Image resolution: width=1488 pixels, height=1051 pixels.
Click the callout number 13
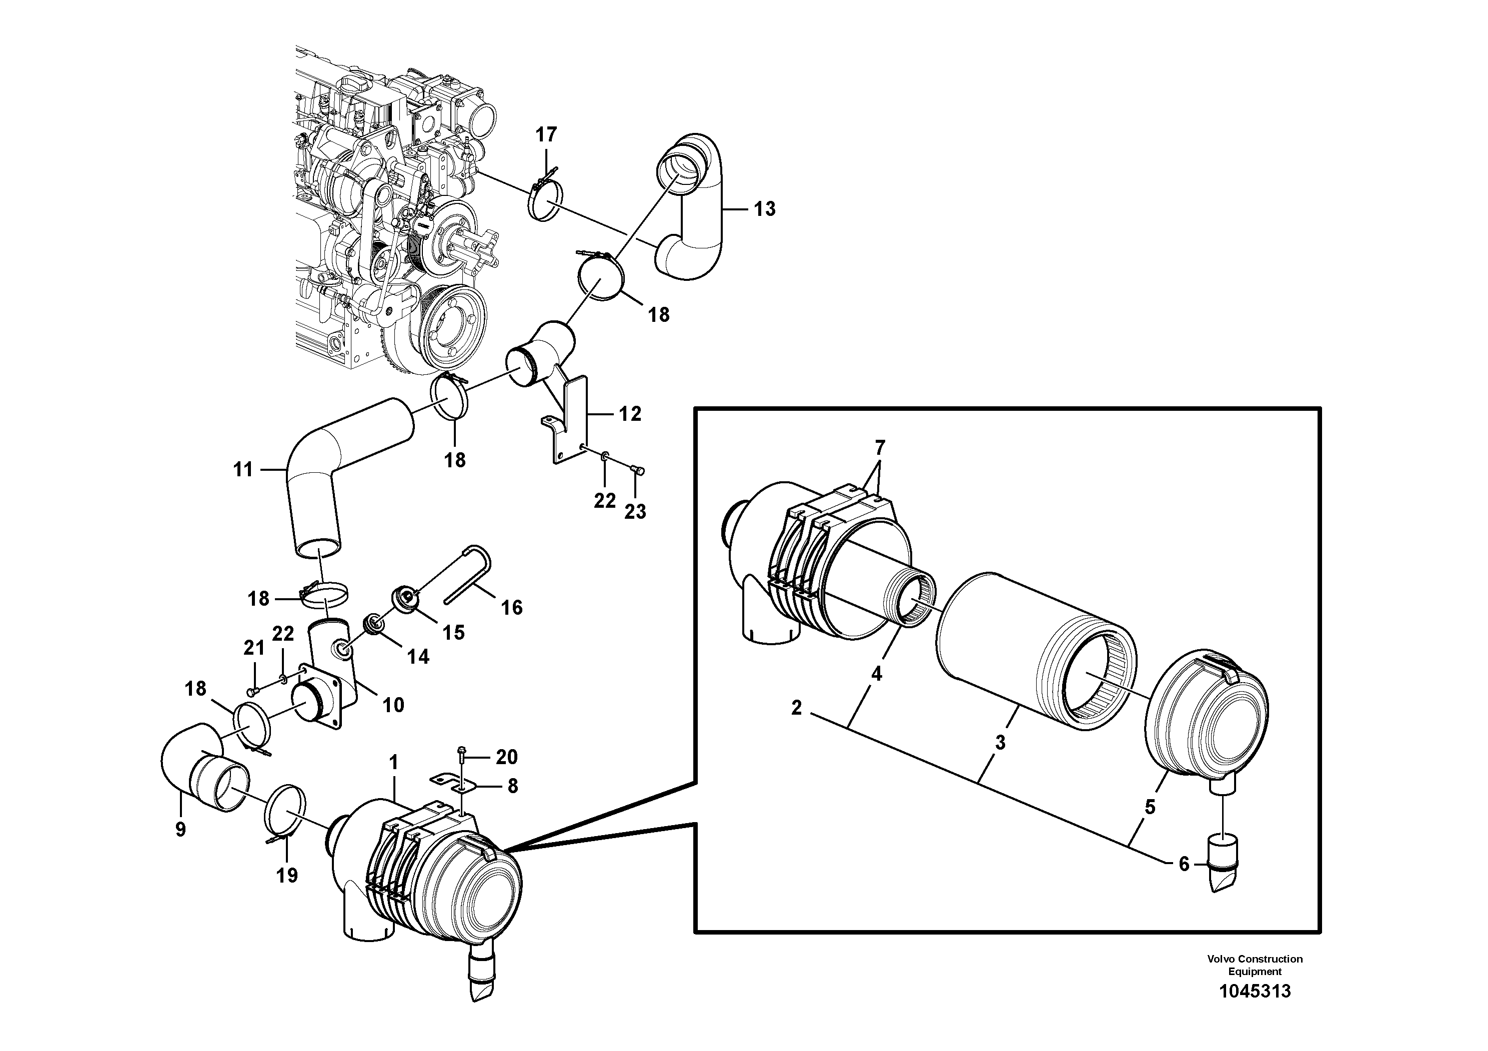click(x=765, y=209)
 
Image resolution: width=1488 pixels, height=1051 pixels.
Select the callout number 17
click(x=546, y=135)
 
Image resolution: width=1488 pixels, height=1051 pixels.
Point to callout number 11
click(x=243, y=469)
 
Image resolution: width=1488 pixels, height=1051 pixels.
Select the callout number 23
click(x=635, y=512)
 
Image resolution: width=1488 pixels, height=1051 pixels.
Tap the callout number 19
click(x=287, y=876)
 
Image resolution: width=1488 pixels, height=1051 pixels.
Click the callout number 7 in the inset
click(x=879, y=448)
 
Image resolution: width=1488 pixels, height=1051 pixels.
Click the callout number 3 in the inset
click(x=1000, y=743)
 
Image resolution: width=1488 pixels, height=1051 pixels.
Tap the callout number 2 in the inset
click(x=797, y=708)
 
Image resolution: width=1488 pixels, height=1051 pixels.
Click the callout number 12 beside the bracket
click(x=630, y=413)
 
